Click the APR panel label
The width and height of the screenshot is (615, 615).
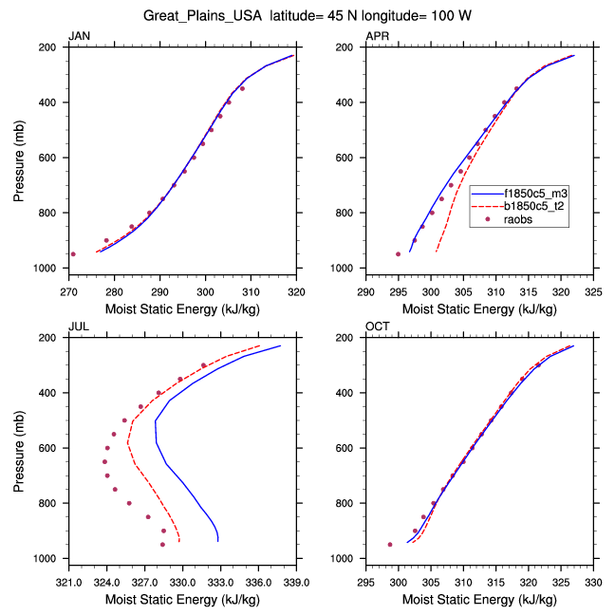point(377,36)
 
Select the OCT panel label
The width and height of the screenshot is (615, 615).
point(377,327)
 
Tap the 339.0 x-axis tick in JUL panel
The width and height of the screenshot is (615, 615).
point(297,582)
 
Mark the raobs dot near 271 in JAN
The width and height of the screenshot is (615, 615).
point(73,253)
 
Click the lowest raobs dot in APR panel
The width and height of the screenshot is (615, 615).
point(399,253)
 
